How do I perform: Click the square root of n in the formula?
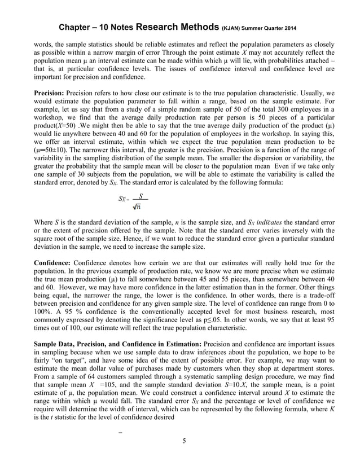[x=137, y=207]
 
